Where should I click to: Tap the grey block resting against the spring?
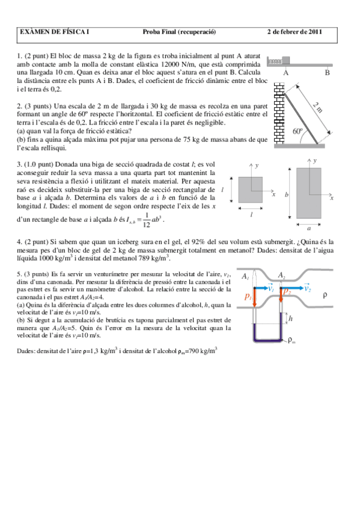[x=286, y=60]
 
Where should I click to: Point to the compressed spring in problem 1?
[x=275, y=61]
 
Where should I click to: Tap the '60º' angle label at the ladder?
[x=297, y=131]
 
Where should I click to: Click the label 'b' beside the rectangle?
[x=287, y=195]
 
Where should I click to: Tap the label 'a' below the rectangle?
[x=309, y=229]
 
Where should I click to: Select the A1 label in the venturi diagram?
[x=245, y=277]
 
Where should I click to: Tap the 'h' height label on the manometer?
[x=291, y=318]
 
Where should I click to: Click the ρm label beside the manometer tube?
[x=291, y=342]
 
